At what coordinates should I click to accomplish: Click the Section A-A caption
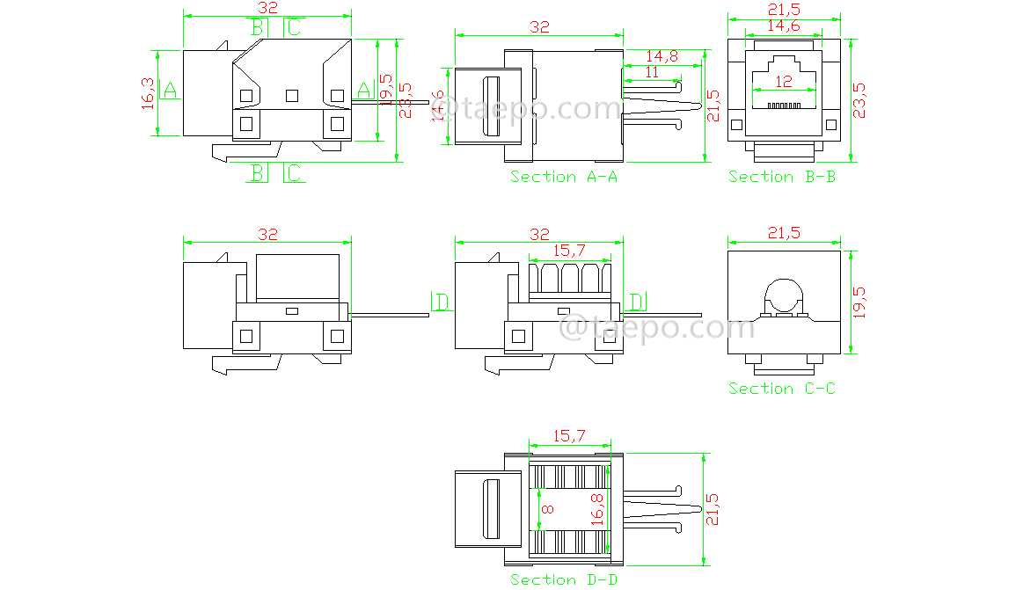[564, 177]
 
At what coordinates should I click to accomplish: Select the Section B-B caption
[782, 177]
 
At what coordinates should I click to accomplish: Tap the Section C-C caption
[782, 389]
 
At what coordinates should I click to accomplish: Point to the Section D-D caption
[564, 579]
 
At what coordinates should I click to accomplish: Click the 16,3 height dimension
[148, 93]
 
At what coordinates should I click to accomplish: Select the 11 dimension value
[652, 73]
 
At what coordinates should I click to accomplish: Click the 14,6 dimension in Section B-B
[783, 26]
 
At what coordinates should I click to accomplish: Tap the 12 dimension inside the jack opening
[783, 81]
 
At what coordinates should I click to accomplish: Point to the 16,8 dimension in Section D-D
[597, 509]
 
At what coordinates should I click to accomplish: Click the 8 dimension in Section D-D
[546, 509]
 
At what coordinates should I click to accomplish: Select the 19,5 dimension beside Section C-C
[859, 302]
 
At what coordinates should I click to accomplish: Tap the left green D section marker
[441, 302]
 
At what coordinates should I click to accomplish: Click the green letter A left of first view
[170, 90]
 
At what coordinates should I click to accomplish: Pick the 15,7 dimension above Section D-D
[568, 435]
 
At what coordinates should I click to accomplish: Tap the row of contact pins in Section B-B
[783, 105]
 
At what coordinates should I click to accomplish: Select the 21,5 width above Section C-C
[783, 233]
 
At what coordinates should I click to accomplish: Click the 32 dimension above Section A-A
[539, 27]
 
